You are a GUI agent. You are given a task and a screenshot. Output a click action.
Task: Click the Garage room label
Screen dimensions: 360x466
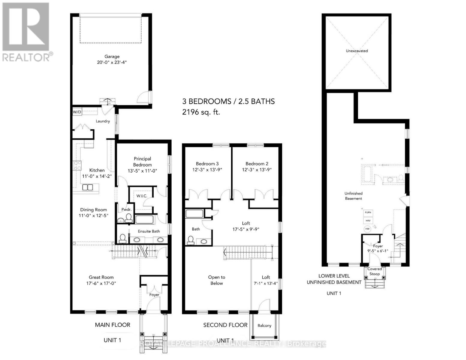click(112, 56)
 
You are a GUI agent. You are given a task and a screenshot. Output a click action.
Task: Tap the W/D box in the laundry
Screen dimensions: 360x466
click(77, 112)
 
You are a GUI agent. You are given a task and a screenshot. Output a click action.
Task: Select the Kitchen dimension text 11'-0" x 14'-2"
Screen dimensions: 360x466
click(97, 176)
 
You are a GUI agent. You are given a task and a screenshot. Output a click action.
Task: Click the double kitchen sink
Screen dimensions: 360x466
click(88, 187)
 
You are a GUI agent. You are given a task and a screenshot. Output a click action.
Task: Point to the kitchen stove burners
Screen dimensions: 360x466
click(77, 166)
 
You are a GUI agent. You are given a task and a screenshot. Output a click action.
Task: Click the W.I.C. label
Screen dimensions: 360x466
click(142, 196)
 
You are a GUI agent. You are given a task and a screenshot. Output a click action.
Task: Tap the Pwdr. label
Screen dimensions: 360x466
click(126, 209)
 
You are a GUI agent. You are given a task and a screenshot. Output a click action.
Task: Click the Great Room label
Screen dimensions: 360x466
click(101, 277)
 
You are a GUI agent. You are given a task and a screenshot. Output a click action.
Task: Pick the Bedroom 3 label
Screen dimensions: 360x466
click(207, 163)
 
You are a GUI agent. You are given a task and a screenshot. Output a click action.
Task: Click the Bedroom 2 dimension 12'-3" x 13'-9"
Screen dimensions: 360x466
click(257, 169)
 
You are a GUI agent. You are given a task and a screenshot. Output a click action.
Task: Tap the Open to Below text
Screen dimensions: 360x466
click(217, 280)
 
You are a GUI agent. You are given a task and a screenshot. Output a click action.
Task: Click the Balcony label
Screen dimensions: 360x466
click(264, 325)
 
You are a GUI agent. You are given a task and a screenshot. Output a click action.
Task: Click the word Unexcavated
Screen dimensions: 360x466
click(357, 51)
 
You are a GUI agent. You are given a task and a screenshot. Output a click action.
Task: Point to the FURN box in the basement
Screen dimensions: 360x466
click(368, 212)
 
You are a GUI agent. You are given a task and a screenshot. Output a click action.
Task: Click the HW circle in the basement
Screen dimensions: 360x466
click(368, 229)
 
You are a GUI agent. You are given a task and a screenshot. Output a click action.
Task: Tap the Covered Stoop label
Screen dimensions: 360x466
click(374, 271)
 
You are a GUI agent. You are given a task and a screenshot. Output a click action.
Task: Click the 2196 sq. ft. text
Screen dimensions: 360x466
click(201, 112)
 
